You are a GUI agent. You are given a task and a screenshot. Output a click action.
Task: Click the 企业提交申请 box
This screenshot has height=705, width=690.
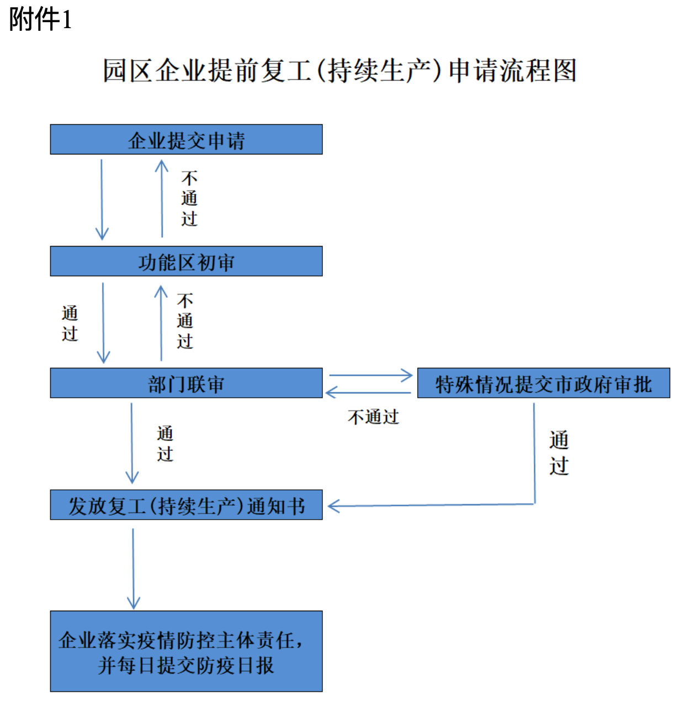(x=187, y=140)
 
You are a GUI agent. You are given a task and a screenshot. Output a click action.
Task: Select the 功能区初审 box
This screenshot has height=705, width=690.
(x=187, y=261)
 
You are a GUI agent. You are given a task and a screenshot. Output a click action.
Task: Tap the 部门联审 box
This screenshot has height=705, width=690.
(x=187, y=383)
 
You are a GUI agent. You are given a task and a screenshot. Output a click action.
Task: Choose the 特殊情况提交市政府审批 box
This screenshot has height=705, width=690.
(x=544, y=383)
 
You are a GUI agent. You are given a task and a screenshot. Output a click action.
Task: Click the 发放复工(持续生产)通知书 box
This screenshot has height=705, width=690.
(x=187, y=505)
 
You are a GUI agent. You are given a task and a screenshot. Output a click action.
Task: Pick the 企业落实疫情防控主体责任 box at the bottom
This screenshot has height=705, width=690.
(x=187, y=651)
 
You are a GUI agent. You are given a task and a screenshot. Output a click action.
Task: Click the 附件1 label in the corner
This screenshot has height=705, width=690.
(x=40, y=19)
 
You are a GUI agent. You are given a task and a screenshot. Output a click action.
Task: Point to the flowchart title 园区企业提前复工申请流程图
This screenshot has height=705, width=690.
(x=339, y=70)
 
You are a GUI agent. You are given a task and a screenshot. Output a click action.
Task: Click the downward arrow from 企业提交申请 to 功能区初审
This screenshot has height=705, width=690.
(x=102, y=200)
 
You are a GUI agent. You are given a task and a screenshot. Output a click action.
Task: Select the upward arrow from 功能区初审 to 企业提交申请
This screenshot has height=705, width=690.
(x=162, y=199)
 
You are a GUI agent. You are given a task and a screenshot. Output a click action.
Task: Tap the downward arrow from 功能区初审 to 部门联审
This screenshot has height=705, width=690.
(x=103, y=323)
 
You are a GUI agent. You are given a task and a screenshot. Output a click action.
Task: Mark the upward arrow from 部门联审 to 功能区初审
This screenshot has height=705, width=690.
(x=161, y=323)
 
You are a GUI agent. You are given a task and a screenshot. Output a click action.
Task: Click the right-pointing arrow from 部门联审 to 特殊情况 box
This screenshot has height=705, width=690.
(x=370, y=375)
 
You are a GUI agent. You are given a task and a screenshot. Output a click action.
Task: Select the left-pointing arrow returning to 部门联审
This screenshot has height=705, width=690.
(x=368, y=392)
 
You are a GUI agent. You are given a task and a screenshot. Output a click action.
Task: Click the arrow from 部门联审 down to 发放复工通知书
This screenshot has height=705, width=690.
(x=131, y=443)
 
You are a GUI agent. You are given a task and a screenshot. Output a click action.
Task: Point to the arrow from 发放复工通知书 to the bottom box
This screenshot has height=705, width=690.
(x=133, y=568)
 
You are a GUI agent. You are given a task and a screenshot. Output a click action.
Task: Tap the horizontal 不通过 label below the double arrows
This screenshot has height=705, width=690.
(x=374, y=416)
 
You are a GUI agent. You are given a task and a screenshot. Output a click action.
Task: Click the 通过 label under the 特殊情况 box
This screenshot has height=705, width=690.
(x=559, y=453)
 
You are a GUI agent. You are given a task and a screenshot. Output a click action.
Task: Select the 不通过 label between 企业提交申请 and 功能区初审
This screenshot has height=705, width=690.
(x=189, y=199)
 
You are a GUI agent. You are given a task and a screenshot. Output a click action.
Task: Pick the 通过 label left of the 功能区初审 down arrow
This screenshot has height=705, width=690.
(x=70, y=323)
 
